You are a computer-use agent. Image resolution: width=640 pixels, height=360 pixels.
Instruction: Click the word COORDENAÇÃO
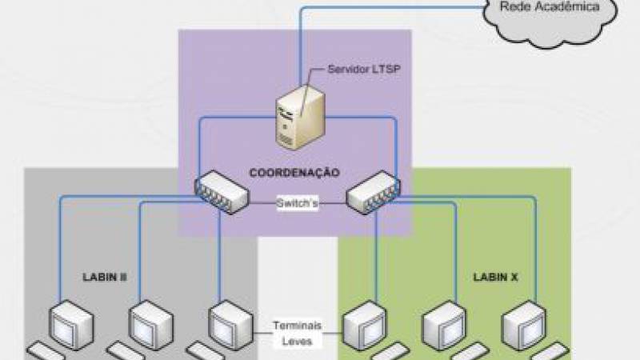point(294,172)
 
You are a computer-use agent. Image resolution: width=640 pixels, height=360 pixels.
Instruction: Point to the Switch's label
point(298,203)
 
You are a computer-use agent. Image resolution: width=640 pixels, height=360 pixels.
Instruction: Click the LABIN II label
point(106,277)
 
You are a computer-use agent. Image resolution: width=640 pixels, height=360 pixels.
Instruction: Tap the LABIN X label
point(489,277)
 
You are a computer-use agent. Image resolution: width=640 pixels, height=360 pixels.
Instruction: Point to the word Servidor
point(346,70)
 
